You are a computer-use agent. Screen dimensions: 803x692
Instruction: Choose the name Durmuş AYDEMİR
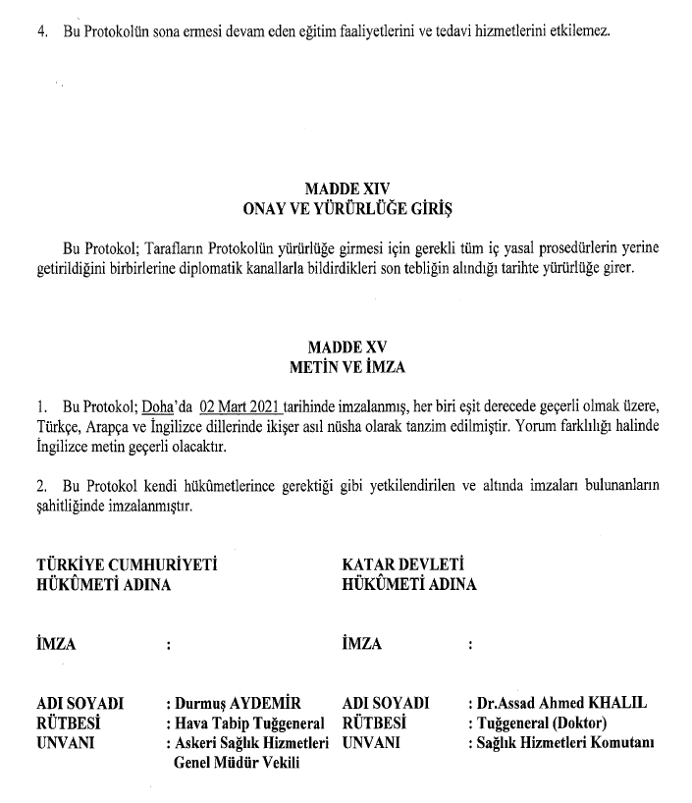point(236,704)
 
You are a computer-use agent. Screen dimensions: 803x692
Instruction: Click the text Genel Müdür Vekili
point(236,762)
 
